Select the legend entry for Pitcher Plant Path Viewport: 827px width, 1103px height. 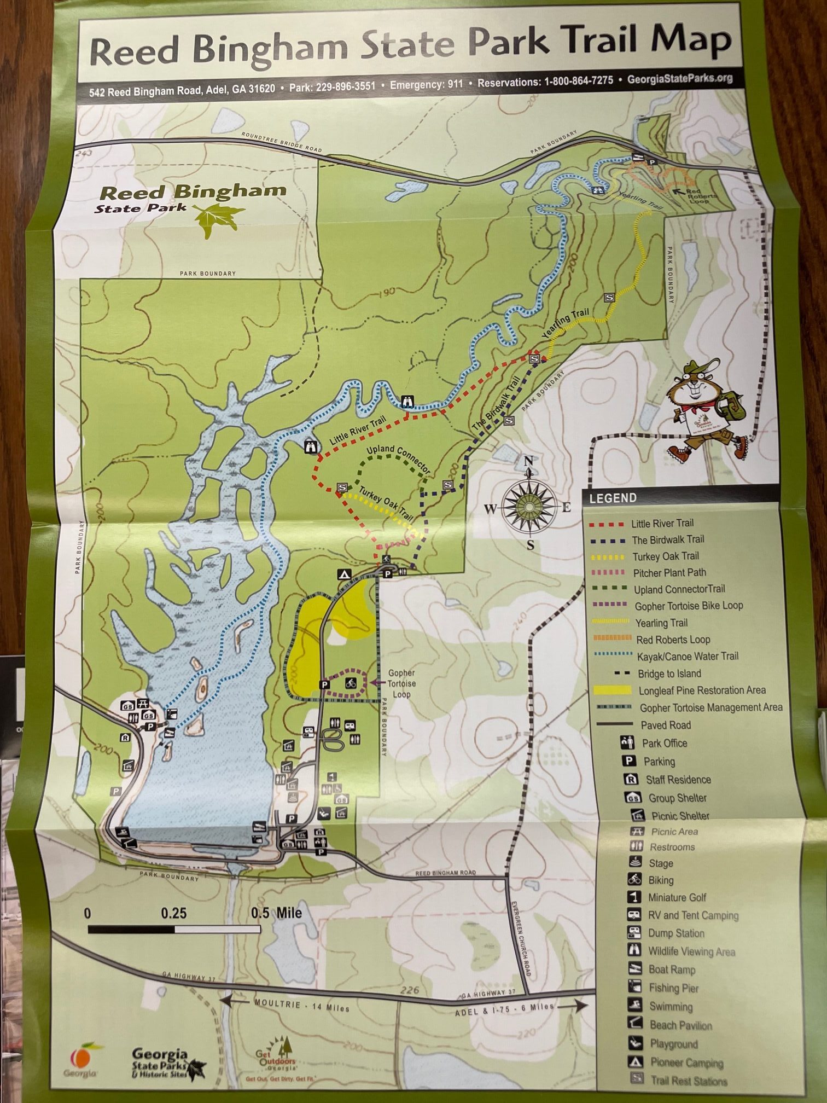pos(669,573)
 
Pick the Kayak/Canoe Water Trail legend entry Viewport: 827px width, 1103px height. pos(687,656)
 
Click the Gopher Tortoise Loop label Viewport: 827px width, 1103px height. pos(401,683)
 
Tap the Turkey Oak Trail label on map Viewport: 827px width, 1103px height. pos(386,502)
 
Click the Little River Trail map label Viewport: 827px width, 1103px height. pos(358,430)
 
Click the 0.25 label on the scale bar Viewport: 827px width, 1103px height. pos(173,913)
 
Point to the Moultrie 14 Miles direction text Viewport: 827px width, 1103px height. pos(301,1006)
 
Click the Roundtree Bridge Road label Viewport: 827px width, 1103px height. pos(281,142)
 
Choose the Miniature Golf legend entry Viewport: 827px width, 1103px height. pos(677,897)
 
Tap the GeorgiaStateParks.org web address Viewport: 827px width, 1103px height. pos(679,79)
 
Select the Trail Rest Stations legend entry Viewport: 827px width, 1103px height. pos(688,1081)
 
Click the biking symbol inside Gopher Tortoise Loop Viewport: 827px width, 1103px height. pos(351,683)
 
